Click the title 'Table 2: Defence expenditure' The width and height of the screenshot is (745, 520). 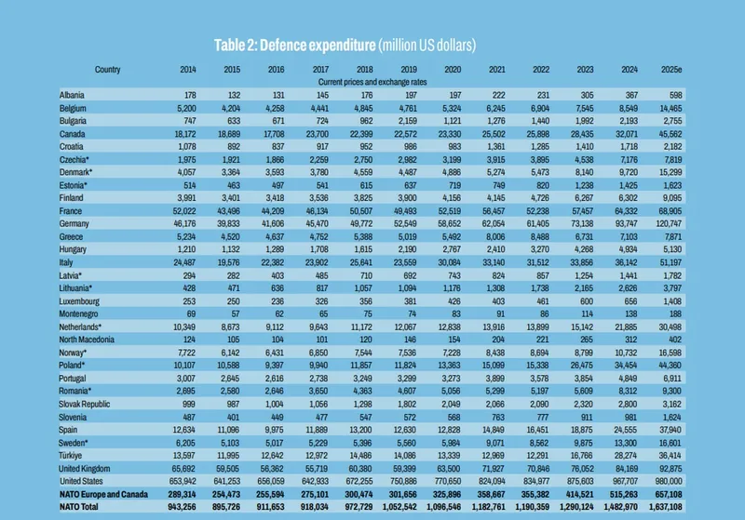coord(293,45)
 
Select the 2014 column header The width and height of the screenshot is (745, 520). coord(188,69)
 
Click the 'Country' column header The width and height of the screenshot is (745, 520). coord(107,69)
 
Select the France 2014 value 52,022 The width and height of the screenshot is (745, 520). coord(183,211)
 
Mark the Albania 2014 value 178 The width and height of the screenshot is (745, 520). coord(189,96)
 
